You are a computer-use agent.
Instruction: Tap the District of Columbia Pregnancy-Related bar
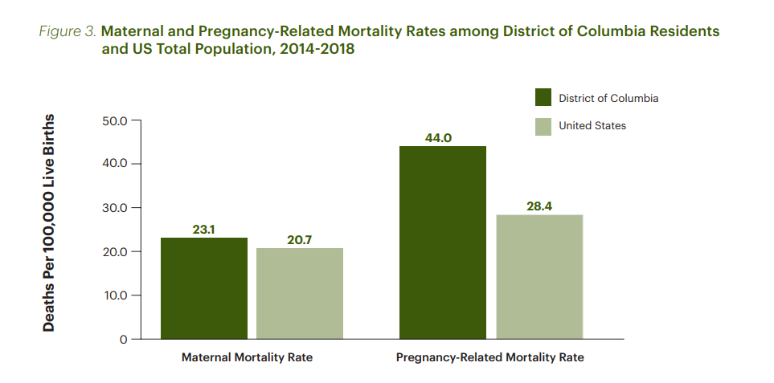tap(443, 242)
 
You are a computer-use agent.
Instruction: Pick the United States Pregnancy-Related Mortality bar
tap(539, 276)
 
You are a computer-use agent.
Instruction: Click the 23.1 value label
tap(204, 230)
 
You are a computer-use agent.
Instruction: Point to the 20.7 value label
tap(300, 239)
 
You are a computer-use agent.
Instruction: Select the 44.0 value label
tap(438, 138)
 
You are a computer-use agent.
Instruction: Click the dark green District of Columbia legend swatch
tap(543, 98)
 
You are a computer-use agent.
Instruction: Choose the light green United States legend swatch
tap(543, 126)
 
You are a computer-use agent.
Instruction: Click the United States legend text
tap(592, 126)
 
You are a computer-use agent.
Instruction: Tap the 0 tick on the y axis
tap(124, 339)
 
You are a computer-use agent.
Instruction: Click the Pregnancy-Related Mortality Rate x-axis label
tap(490, 358)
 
